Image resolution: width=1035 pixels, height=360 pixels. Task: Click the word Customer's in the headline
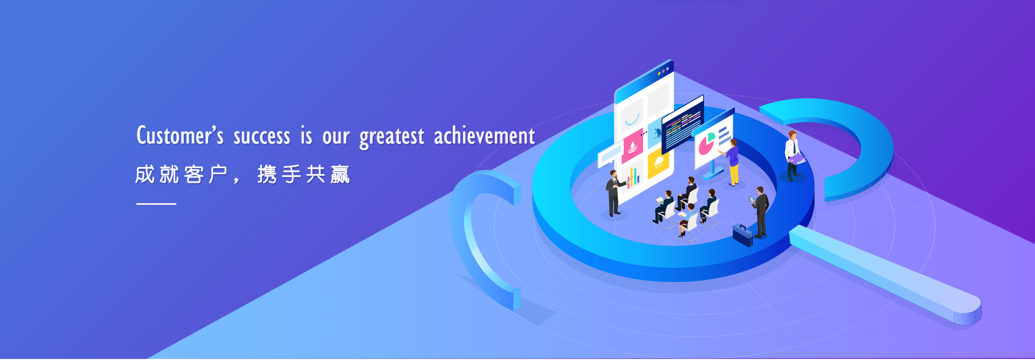point(180,135)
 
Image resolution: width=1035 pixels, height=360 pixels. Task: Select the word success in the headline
point(261,137)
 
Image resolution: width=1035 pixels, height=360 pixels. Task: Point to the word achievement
point(485,136)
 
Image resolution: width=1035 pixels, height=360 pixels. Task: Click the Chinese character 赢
point(340,175)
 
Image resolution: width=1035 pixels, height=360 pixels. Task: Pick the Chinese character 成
point(145,175)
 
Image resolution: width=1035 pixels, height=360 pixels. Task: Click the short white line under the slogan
point(156,204)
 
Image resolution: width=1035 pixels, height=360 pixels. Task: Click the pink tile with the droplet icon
point(632,146)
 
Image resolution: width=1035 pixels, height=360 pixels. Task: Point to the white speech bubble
point(610,155)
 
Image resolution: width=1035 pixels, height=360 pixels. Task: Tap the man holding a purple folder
point(792,155)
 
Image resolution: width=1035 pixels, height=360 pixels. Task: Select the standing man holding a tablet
point(760,212)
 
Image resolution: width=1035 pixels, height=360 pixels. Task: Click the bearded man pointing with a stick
point(613,193)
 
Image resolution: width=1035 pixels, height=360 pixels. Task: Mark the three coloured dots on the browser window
point(663,71)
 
